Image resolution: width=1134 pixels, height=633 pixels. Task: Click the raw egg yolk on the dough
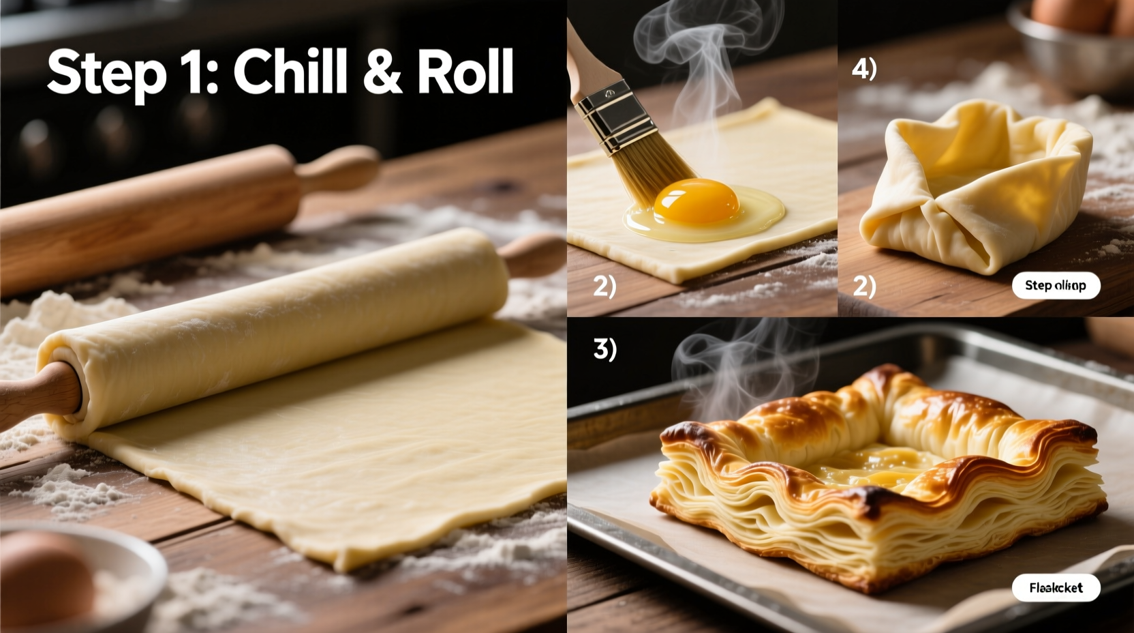click(x=696, y=201)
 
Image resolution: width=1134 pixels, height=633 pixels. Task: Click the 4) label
click(x=864, y=69)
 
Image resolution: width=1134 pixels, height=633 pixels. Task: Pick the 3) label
click(x=605, y=349)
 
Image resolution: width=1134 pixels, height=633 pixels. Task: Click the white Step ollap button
click(x=1056, y=285)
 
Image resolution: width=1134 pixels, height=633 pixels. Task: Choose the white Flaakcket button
click(x=1056, y=587)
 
